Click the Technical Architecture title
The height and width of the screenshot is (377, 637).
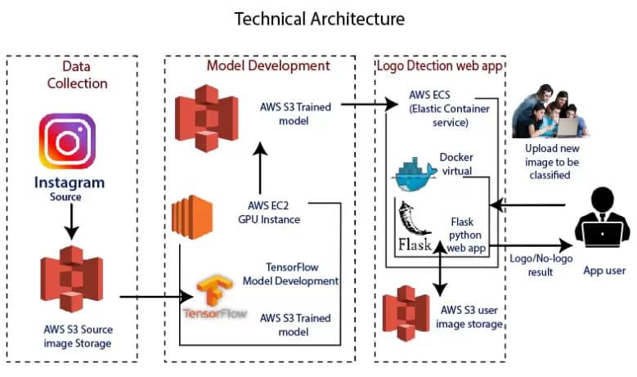pos(319,18)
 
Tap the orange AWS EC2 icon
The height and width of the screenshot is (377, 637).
pos(186,220)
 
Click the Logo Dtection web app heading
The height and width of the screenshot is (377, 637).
pos(439,65)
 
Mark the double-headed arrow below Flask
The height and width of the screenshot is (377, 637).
pos(442,271)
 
